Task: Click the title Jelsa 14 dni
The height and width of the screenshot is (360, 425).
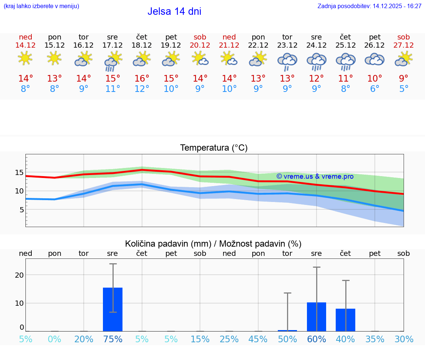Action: click(x=174, y=11)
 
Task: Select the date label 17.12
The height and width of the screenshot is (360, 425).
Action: click(x=113, y=45)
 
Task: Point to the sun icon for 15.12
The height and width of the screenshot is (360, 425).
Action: click(x=55, y=58)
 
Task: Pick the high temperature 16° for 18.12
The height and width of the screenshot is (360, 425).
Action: click(x=142, y=79)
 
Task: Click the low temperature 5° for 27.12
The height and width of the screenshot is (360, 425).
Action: click(x=404, y=89)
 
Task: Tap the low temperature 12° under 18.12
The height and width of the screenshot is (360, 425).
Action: click(x=142, y=89)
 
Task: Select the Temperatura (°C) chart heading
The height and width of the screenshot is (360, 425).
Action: click(x=214, y=148)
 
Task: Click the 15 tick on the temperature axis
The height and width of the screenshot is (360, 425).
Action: click(x=20, y=172)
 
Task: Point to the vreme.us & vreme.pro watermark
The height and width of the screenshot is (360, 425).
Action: click(x=315, y=176)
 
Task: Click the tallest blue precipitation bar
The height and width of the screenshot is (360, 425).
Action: click(x=113, y=309)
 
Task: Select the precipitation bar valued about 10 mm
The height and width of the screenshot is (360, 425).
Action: click(x=317, y=317)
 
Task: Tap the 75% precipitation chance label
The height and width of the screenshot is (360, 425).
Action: click(x=113, y=339)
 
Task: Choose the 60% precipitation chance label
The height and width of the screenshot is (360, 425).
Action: click(x=317, y=339)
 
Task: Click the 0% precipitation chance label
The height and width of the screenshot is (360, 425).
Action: click(x=55, y=339)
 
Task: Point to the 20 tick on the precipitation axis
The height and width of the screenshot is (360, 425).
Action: click(x=19, y=275)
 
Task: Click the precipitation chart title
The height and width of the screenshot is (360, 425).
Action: click(x=213, y=244)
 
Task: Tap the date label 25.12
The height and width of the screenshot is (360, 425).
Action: click(x=345, y=45)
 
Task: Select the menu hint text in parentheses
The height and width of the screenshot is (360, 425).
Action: click(x=41, y=6)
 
